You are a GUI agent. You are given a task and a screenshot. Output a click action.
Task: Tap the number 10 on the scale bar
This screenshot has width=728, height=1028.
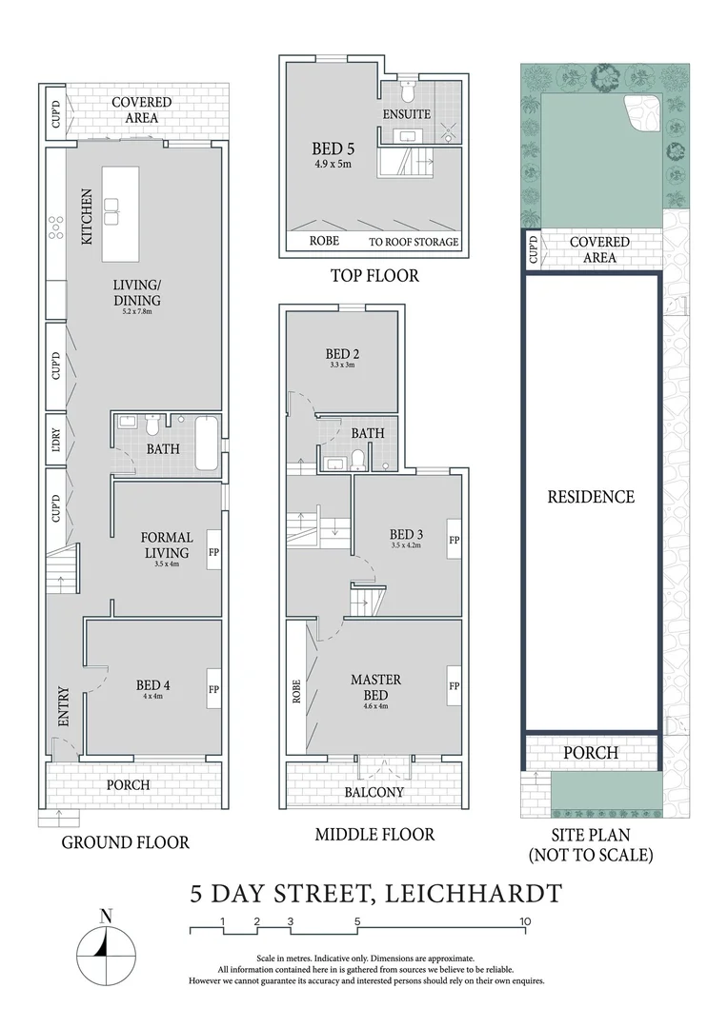tap(524, 921)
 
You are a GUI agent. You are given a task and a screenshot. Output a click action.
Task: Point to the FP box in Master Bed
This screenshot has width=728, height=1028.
tap(455, 685)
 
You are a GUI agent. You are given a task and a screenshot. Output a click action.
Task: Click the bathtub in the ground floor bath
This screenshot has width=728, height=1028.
tap(207, 445)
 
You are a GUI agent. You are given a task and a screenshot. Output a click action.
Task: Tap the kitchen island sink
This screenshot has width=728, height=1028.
tap(111, 210)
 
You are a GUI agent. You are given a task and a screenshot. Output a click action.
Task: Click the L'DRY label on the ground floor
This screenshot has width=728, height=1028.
tap(54, 440)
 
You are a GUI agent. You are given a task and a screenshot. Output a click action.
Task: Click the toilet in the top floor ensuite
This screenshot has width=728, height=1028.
tap(406, 92)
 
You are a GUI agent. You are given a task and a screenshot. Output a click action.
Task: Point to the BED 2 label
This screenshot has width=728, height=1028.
tap(341, 354)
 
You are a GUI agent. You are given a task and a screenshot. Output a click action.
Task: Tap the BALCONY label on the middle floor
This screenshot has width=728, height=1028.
tap(374, 792)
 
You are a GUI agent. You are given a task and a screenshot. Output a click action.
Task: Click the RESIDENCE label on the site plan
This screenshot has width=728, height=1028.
tap(590, 496)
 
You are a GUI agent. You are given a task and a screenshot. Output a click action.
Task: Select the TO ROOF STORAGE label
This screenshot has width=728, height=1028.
tap(414, 242)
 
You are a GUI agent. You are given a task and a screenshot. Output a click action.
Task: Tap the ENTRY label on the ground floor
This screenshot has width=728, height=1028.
tap(63, 707)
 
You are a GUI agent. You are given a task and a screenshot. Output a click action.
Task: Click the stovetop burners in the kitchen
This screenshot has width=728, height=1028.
tap(54, 226)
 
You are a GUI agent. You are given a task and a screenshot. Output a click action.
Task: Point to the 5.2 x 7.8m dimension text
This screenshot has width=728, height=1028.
tap(138, 310)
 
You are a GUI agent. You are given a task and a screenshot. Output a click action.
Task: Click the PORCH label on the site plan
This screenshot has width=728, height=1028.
tap(590, 753)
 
